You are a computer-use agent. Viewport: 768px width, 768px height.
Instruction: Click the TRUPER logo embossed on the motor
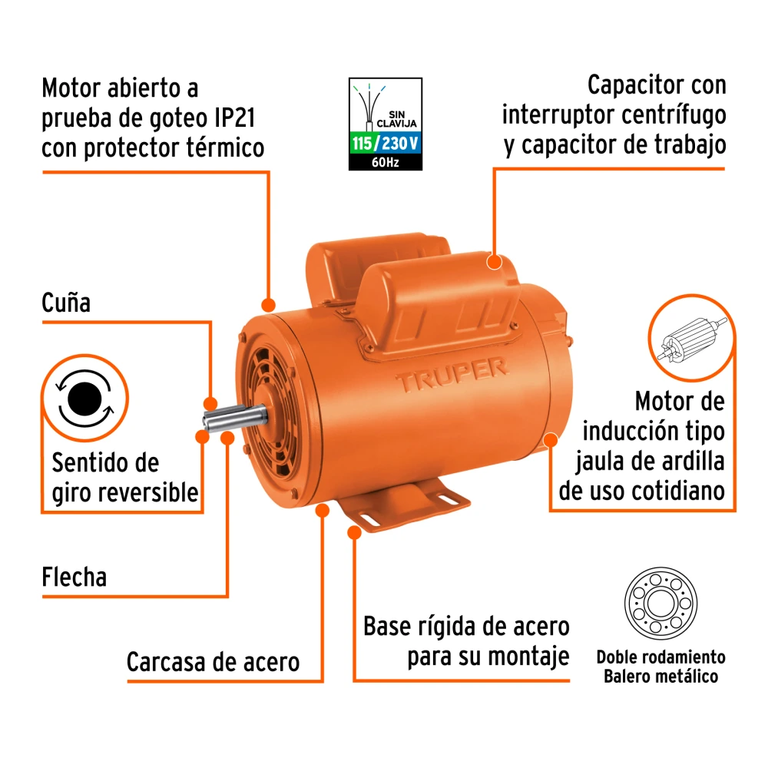point(452,373)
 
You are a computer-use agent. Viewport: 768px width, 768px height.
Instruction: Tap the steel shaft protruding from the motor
point(235,419)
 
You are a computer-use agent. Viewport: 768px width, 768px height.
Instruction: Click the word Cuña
point(66,302)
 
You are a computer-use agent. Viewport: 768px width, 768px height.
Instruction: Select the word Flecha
point(74,577)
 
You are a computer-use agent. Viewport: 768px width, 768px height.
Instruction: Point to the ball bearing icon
point(660,603)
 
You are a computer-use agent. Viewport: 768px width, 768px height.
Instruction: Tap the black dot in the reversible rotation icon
point(84,399)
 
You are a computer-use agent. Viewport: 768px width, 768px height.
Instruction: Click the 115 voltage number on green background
point(362,144)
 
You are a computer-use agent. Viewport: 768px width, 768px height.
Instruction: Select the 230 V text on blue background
point(399,144)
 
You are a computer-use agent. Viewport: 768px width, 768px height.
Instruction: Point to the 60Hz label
point(386,162)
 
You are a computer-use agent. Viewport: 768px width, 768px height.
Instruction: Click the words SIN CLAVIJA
point(396,119)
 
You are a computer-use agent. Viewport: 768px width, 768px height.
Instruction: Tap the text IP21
point(235,118)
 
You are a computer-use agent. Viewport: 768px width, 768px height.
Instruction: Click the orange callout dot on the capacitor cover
point(494,262)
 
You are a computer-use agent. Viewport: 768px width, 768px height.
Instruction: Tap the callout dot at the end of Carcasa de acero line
point(322,511)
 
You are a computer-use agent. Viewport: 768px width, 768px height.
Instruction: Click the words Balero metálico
point(660,677)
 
